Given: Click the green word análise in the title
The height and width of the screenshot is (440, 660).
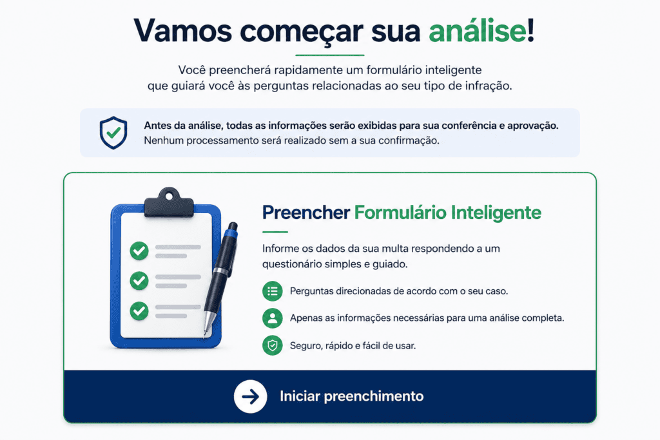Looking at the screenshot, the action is tap(478, 31).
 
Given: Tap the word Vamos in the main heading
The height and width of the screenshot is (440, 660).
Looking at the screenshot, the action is tap(182, 31).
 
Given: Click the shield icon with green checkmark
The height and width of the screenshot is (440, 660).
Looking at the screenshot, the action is tap(113, 133).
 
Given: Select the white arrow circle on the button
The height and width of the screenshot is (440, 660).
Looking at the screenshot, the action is tap(251, 396).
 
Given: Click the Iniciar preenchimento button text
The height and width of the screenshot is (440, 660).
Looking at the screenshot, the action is tap(352, 396).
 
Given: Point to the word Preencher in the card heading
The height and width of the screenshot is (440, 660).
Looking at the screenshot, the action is tap(306, 213).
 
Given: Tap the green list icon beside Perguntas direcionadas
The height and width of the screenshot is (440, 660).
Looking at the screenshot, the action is tap(273, 291).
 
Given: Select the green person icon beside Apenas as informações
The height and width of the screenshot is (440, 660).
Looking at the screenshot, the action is tap(273, 318).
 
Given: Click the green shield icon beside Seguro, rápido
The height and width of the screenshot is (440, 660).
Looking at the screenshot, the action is tap(273, 345).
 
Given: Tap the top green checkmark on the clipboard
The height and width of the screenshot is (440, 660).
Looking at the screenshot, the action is tap(139, 251).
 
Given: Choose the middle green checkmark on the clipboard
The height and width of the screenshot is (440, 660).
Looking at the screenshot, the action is tap(139, 281).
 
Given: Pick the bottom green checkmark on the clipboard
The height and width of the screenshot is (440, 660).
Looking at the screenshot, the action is tap(139, 311).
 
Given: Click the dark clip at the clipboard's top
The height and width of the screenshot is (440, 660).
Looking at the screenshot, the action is tap(170, 203).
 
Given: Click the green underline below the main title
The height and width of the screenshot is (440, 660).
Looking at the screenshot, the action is tap(329, 55).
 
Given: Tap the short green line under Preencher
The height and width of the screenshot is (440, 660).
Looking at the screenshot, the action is tap(275, 232).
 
